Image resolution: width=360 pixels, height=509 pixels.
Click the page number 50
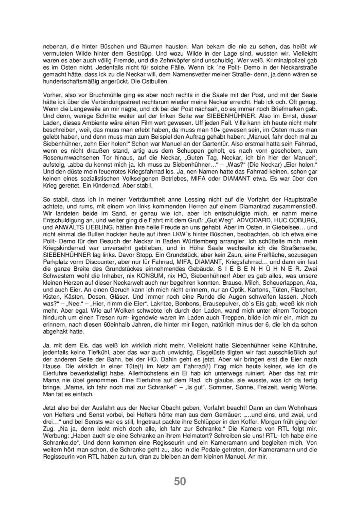pyautogui.click(x=180, y=481)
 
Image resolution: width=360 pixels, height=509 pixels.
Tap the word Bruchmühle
pyautogui.click(x=96, y=95)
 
